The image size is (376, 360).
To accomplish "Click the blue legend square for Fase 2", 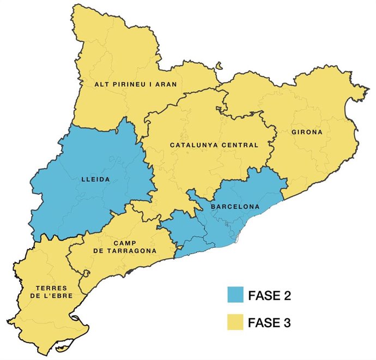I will click(238, 296).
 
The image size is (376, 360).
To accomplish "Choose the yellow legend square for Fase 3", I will click(238, 322).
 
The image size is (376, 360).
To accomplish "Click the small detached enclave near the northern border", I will click(219, 66).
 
